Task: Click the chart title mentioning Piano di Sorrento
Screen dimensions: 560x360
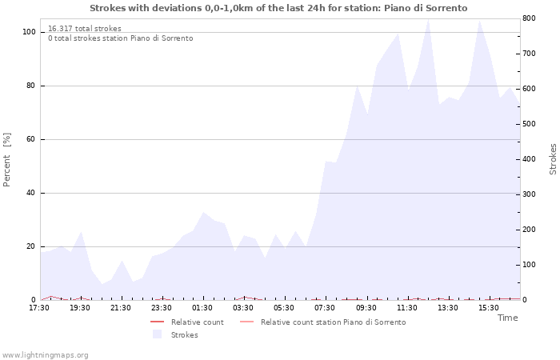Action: [278, 8]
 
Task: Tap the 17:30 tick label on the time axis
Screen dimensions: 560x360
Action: [39, 308]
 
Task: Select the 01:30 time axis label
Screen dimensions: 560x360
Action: [202, 308]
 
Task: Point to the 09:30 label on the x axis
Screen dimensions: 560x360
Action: [366, 308]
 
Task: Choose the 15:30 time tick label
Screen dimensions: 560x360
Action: [488, 308]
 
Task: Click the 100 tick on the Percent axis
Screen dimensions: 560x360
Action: [29, 32]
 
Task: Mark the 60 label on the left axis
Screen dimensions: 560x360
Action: [30, 139]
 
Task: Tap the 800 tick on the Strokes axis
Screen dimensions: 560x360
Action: [529, 18]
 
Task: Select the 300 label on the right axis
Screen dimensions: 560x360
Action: [529, 194]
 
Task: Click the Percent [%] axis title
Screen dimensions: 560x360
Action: [6, 160]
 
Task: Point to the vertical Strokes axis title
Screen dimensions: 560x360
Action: [553, 159]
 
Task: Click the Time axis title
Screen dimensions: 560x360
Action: [507, 318]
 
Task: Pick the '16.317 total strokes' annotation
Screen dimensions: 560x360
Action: [85, 29]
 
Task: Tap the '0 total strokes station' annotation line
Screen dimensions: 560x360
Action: [121, 38]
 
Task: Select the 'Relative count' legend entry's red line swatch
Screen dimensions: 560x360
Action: [157, 322]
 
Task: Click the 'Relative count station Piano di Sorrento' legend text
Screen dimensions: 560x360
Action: [334, 322]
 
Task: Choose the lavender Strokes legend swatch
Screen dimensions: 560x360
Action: [157, 334]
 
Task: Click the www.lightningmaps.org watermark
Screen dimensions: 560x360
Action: [45, 355]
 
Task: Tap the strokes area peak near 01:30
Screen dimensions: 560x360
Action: [203, 212]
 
